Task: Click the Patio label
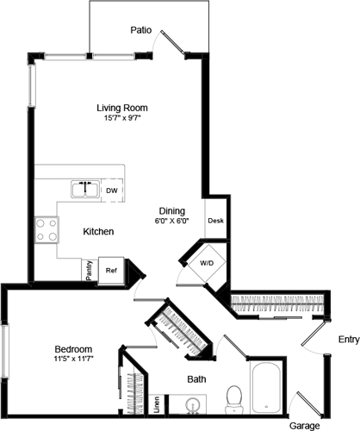(x=141, y=30)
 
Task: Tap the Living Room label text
(x=121, y=108)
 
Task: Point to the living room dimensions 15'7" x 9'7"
(x=121, y=119)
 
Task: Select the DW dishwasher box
(x=112, y=190)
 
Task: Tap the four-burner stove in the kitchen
(x=47, y=228)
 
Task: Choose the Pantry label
(x=89, y=270)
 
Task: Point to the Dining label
(x=172, y=210)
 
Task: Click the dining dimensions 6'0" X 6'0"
(x=172, y=222)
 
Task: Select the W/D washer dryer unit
(x=207, y=263)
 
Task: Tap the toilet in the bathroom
(x=232, y=397)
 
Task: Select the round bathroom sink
(x=193, y=404)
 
